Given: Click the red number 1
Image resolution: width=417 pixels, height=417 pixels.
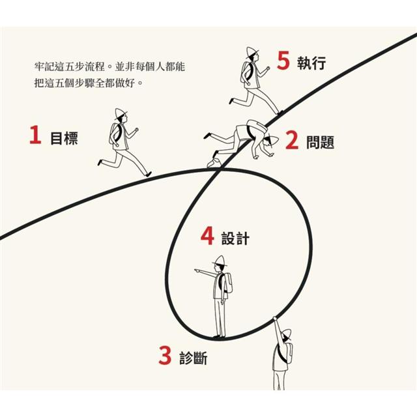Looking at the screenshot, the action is (x=36, y=135).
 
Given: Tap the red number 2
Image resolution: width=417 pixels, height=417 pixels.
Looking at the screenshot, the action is (x=292, y=140).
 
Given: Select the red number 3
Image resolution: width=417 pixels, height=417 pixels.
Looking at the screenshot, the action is (x=165, y=355).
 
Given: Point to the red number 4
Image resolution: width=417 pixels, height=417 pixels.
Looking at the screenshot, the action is (x=207, y=236).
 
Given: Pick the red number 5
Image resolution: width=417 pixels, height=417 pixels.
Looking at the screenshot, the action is (x=283, y=61).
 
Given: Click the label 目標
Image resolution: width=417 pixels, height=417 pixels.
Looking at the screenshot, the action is (x=64, y=137).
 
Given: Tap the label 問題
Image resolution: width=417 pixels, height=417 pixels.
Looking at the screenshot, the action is (x=320, y=143).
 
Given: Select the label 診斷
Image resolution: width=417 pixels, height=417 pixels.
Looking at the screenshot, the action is (x=194, y=358).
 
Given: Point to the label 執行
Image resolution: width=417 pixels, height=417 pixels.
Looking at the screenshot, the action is (x=311, y=63).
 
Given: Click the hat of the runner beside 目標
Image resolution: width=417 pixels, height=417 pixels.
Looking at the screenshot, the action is (x=120, y=113).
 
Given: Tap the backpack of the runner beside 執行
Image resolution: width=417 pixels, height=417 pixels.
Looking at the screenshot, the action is (x=247, y=72).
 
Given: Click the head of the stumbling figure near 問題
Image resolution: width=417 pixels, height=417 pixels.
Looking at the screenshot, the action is (x=269, y=141).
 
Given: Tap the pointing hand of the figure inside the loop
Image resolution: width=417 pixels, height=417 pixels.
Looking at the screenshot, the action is (x=197, y=271).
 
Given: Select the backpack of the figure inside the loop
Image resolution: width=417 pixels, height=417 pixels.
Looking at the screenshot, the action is (x=227, y=283).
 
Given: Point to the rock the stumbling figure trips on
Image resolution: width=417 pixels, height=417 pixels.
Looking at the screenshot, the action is (x=214, y=163).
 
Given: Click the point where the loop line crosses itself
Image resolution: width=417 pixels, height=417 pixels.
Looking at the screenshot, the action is (x=220, y=170).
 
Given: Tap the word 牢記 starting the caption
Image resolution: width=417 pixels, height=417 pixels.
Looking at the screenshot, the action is (x=44, y=66).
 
